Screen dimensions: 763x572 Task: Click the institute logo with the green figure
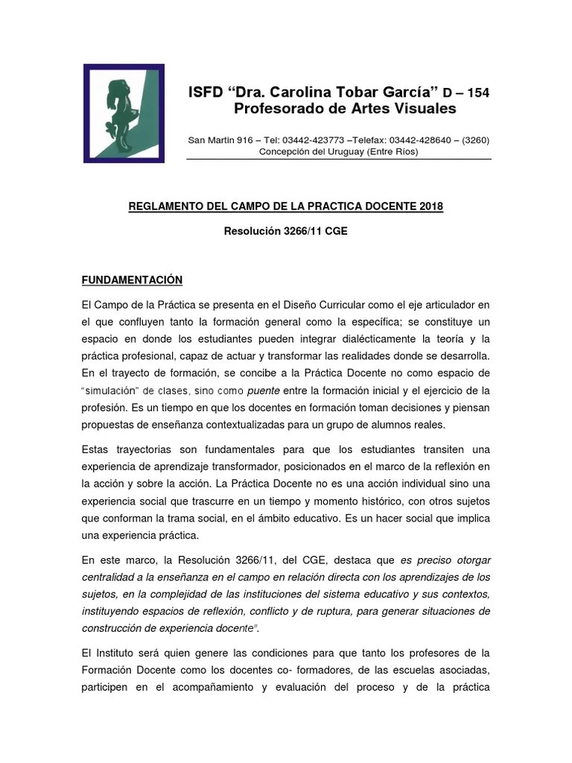(123, 113)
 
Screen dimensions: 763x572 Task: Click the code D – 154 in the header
(465, 93)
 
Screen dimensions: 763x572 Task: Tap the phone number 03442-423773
(313, 140)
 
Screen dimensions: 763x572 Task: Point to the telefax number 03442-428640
(423, 140)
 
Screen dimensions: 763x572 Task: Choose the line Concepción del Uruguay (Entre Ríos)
(338, 151)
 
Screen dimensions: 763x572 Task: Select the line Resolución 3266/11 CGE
(285, 231)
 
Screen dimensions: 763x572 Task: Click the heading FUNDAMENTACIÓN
(132, 280)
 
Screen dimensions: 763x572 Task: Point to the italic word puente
(264, 390)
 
